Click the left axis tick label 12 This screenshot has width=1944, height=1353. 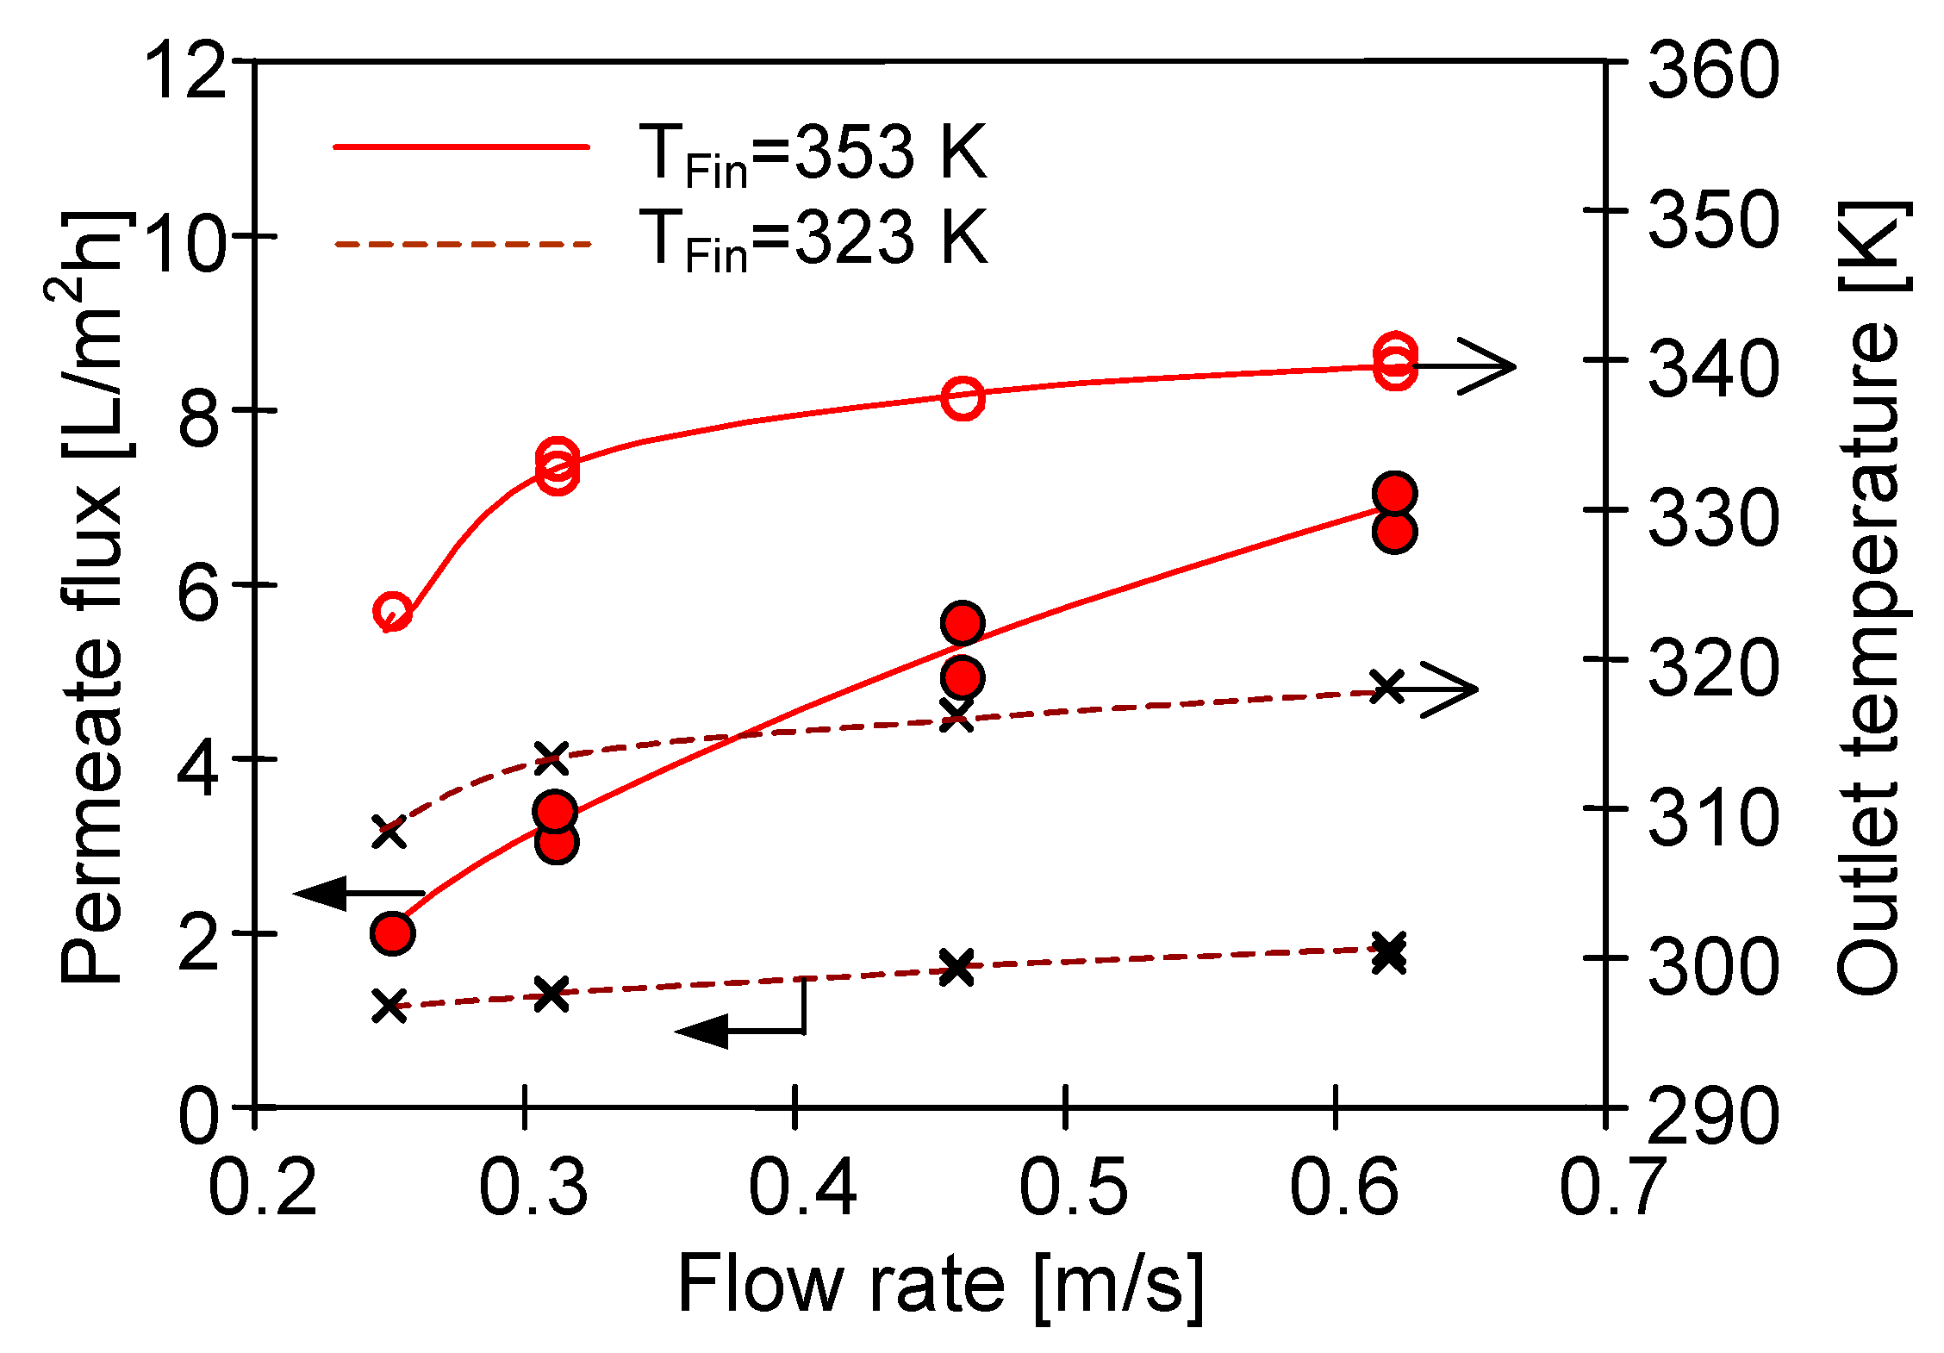tap(184, 71)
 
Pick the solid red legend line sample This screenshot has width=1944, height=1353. tap(461, 147)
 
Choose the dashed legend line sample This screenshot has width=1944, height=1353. tap(461, 245)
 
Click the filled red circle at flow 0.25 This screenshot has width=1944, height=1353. tap(393, 932)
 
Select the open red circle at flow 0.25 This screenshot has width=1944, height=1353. tap(393, 612)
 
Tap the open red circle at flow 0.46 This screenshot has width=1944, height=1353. tap(963, 398)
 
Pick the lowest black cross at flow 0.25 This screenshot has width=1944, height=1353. tap(389, 1005)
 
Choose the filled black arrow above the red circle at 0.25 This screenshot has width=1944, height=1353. tap(358, 893)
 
